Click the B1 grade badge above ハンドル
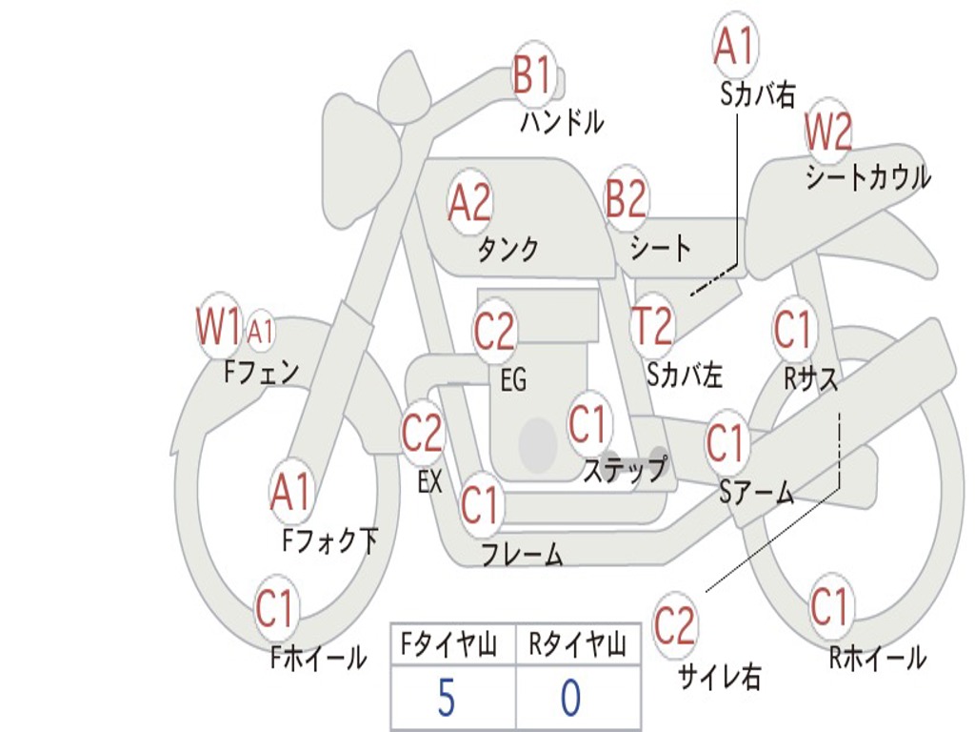click(533, 73)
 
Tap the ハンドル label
click(562, 122)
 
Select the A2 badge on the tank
click(470, 201)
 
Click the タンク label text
click(507, 249)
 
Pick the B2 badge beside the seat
click(626, 199)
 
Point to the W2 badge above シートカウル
click(827, 132)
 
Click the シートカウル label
click(867, 177)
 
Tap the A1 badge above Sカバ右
click(734, 46)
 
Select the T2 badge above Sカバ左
click(652, 326)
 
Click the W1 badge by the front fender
click(219, 327)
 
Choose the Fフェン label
click(261, 372)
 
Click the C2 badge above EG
click(494, 332)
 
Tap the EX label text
click(430, 482)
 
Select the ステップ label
click(624, 470)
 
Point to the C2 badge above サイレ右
click(675, 626)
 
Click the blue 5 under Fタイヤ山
click(446, 698)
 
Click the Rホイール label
click(877, 658)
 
